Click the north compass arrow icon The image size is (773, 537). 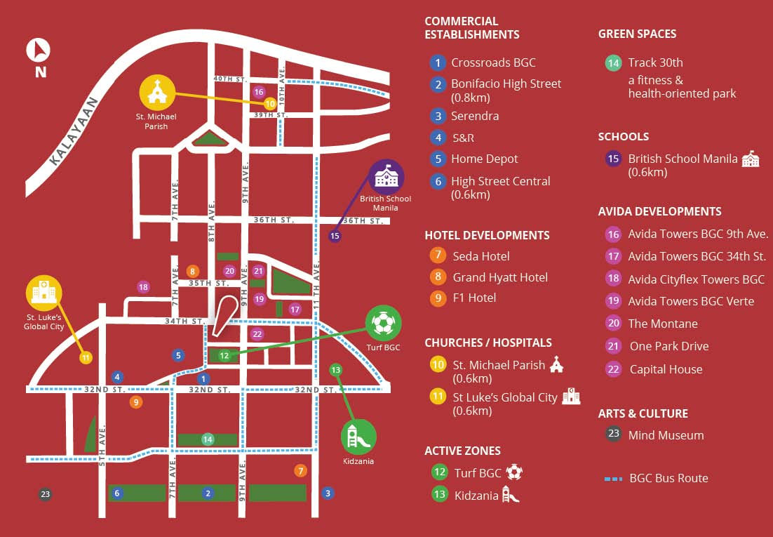[x=39, y=50]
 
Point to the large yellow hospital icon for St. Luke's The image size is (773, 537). [x=44, y=293]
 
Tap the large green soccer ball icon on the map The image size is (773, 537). [x=383, y=323]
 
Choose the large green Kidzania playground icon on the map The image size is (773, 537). [x=358, y=437]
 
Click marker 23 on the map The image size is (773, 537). [x=46, y=494]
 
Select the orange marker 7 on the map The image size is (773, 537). [x=300, y=471]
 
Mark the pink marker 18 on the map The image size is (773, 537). [x=143, y=287]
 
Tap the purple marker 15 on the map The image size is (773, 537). [x=335, y=236]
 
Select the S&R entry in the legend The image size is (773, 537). [x=462, y=138]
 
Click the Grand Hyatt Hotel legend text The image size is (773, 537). [x=500, y=277]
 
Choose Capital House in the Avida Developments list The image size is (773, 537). [x=666, y=369]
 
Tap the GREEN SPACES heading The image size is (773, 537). [x=637, y=34]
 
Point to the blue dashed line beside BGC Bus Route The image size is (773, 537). [x=614, y=479]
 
